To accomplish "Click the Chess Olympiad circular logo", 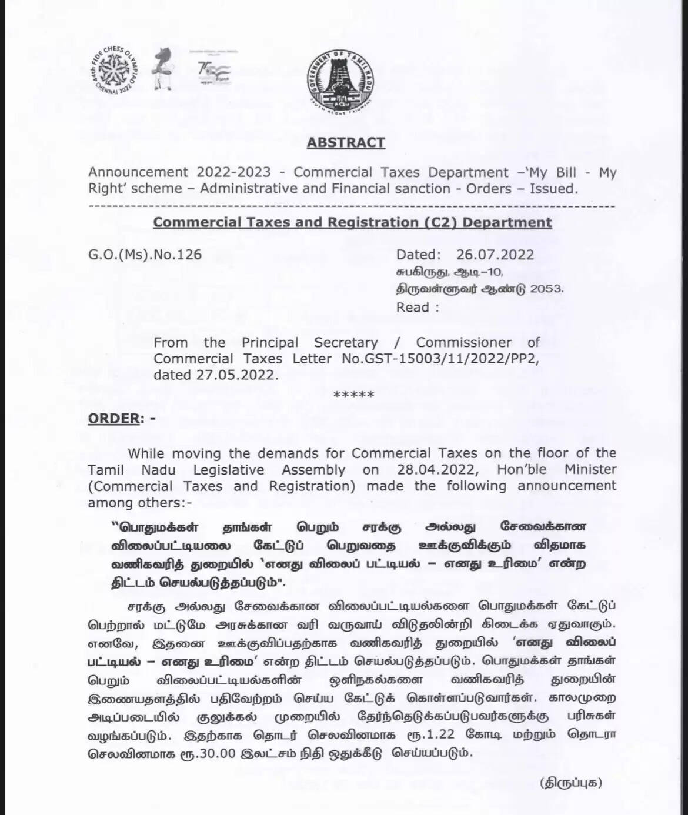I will pyautogui.click(x=116, y=72).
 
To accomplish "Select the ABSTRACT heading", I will pyautogui.click(x=346, y=143).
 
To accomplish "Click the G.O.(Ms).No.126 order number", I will pyautogui.click(x=145, y=255).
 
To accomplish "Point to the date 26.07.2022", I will pyautogui.click(x=495, y=255).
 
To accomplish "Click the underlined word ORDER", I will pyautogui.click(x=114, y=418).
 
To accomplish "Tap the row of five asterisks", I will pyautogui.click(x=353, y=395).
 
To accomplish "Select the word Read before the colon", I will pyautogui.click(x=412, y=308).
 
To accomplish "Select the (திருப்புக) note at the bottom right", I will pyautogui.click(x=571, y=783).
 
